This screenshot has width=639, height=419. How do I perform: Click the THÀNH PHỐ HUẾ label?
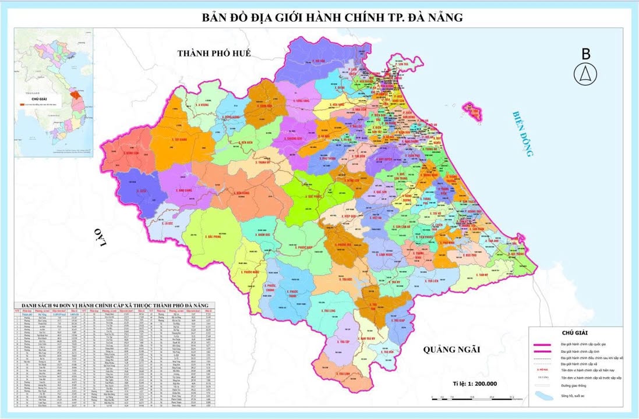point(214,53)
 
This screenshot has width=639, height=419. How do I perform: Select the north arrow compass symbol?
point(585,74)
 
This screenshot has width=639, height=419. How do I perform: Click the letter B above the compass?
point(585,54)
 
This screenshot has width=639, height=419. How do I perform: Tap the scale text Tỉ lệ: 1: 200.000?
point(475,384)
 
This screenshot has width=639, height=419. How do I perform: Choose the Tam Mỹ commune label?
point(481,275)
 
